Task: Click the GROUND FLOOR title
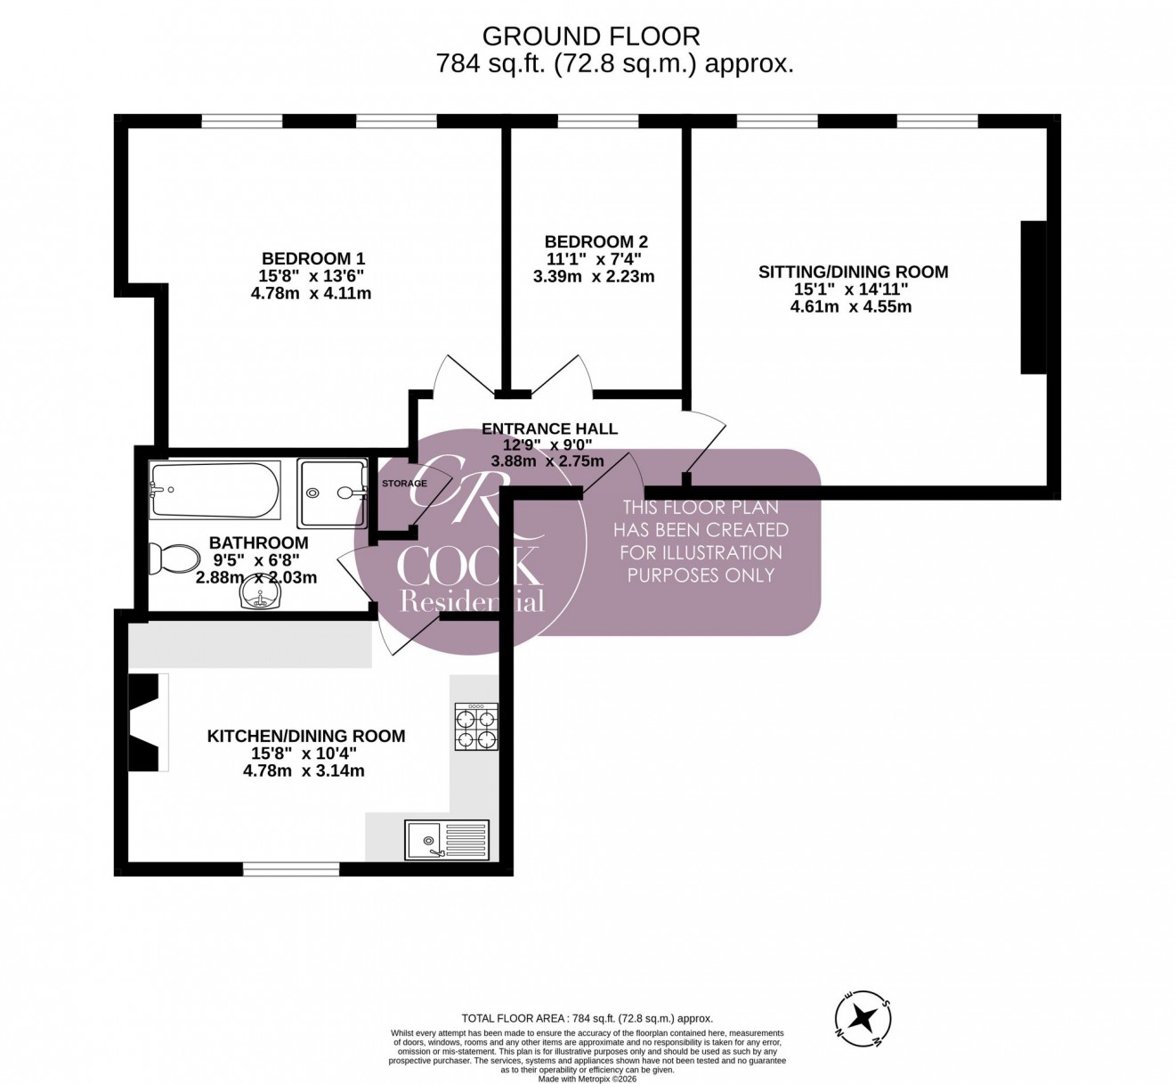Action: (x=590, y=36)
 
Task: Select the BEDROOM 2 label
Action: (x=596, y=241)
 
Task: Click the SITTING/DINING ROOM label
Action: (x=853, y=272)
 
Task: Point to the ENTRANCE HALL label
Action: (x=549, y=428)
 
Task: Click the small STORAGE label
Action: (x=404, y=484)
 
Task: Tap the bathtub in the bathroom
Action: (x=215, y=490)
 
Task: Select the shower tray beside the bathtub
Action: (x=332, y=490)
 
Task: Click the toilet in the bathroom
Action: (x=166, y=558)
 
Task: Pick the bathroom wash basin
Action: (x=260, y=599)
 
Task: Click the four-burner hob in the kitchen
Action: (x=476, y=727)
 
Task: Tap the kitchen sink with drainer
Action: (x=447, y=839)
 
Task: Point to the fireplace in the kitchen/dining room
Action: (x=148, y=721)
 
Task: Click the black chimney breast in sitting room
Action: (x=1033, y=297)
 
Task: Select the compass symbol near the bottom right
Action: (x=863, y=1016)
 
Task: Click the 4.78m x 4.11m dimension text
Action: (x=312, y=292)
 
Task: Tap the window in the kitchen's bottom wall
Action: (x=291, y=869)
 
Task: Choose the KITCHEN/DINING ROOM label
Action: (x=306, y=737)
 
